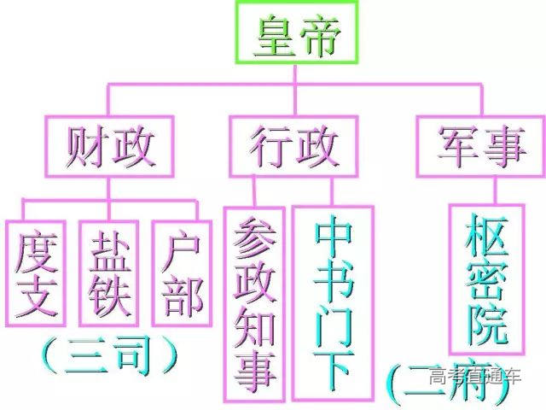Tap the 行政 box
pyautogui.click(x=293, y=146)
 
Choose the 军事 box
pyautogui.click(x=480, y=146)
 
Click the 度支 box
pyautogui.click(x=36, y=272)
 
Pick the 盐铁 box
pyautogui.click(x=108, y=272)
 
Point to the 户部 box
pyautogui.click(x=180, y=272)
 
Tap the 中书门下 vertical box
pyautogui.click(x=333, y=303)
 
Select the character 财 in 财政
pyautogui.click(x=87, y=147)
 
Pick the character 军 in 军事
pyautogui.click(x=456, y=147)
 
